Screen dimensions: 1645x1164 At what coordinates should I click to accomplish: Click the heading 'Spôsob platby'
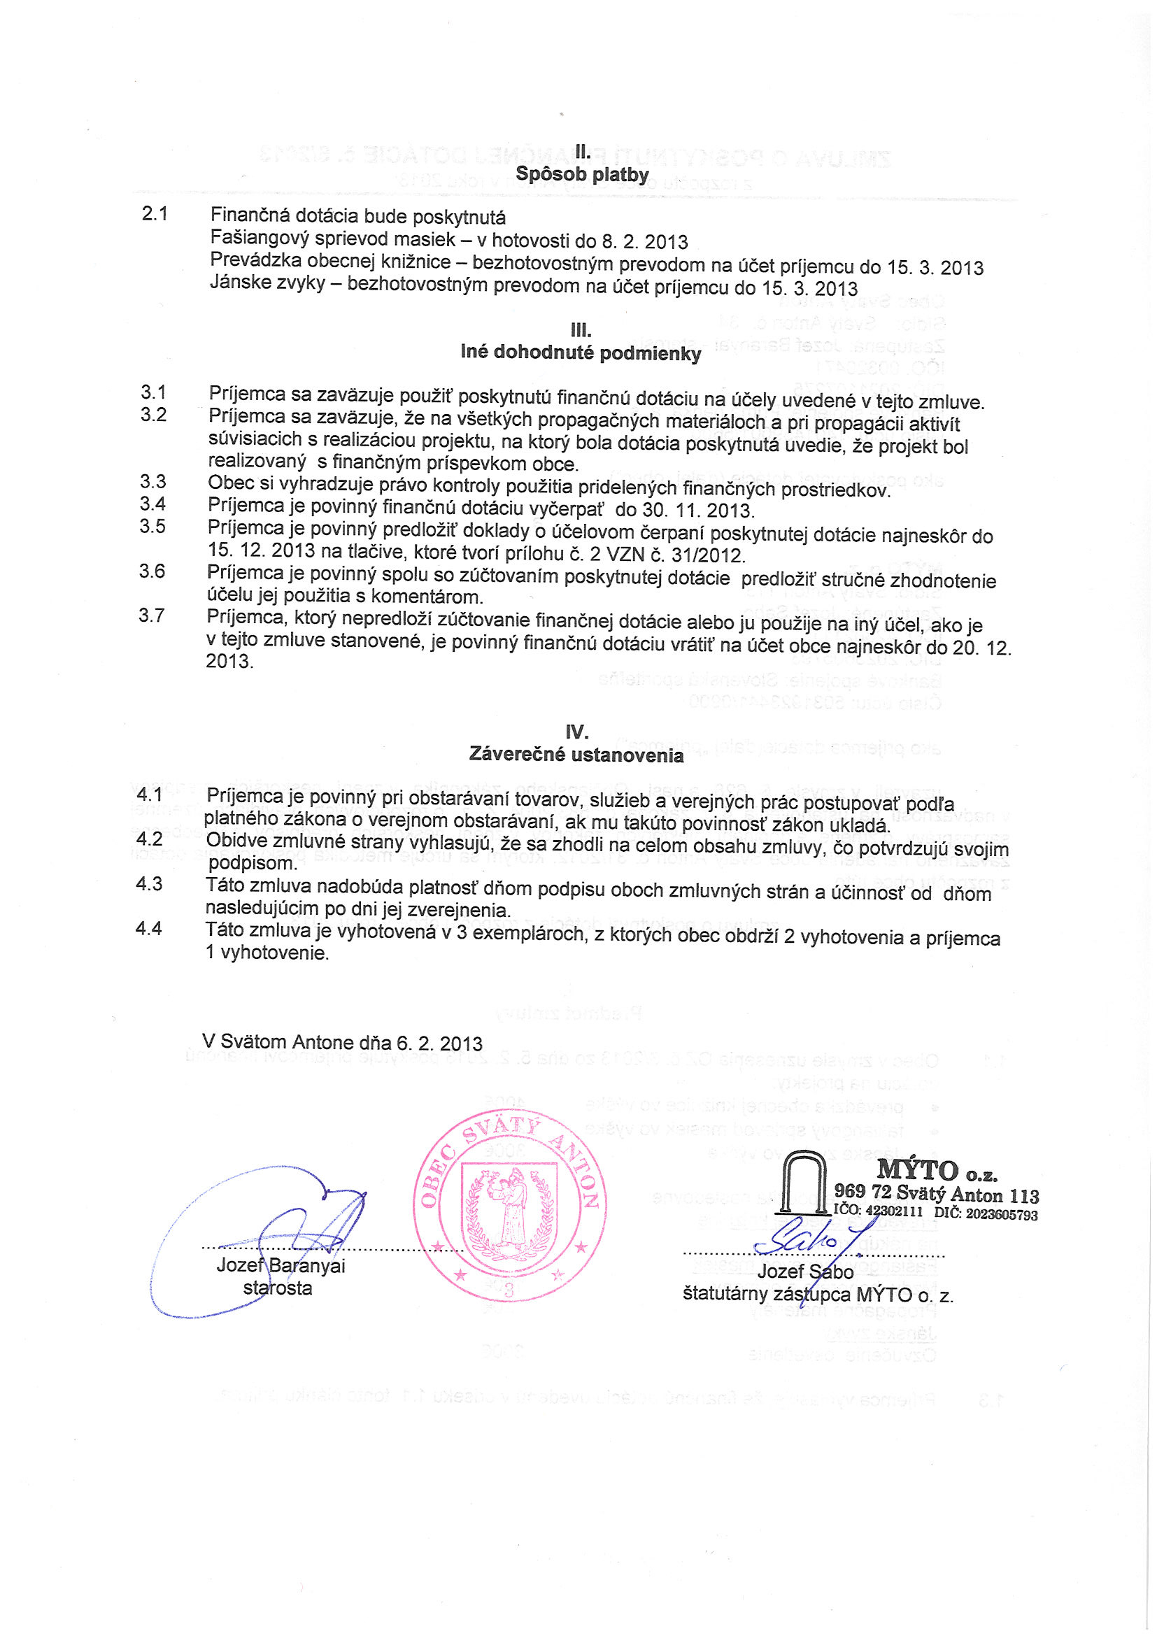pos(582,174)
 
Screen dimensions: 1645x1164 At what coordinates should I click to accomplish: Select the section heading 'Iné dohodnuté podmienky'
pos(581,352)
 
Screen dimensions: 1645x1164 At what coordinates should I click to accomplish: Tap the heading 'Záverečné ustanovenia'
pos(576,755)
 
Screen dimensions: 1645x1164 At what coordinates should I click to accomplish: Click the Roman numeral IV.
pos(576,732)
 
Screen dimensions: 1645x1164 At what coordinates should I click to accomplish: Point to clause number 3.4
pos(153,504)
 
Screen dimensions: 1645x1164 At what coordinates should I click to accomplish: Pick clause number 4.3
pos(149,884)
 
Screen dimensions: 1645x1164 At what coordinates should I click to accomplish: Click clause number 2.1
pos(155,213)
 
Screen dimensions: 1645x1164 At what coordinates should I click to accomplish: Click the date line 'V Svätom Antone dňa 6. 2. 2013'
pos(343,1042)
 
